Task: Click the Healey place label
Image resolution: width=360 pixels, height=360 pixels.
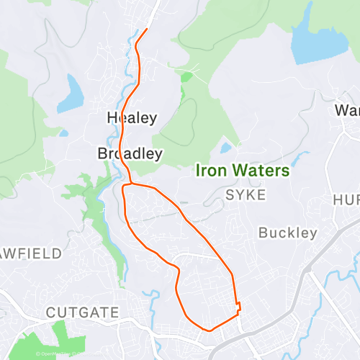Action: click(x=132, y=117)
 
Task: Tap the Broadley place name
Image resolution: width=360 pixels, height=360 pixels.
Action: click(x=130, y=153)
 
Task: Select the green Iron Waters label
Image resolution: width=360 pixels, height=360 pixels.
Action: click(x=243, y=171)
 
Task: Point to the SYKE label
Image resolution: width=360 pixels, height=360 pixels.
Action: click(x=246, y=195)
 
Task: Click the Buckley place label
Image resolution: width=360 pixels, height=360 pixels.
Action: click(x=287, y=233)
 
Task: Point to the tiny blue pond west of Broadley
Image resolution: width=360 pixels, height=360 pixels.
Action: click(x=64, y=132)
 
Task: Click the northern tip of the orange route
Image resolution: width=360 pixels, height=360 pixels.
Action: click(x=147, y=29)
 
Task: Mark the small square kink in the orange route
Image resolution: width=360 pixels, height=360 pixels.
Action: click(x=238, y=307)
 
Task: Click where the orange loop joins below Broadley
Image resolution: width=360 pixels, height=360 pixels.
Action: click(x=126, y=185)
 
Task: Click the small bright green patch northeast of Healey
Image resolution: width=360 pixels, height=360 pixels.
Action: click(x=186, y=76)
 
